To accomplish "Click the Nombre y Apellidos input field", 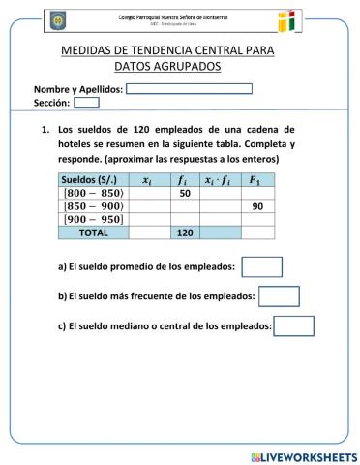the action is tap(189, 89).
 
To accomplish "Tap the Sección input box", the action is tap(86, 102).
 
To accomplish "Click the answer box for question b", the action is tap(280, 296).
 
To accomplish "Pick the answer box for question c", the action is tap(295, 326).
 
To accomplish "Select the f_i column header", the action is tap(185, 180).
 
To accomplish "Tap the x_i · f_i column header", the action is tap(221, 180).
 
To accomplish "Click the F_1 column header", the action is tap(256, 180).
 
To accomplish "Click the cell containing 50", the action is tap(185, 194).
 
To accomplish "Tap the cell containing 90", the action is tap(256, 206).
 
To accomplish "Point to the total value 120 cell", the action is tap(185, 232).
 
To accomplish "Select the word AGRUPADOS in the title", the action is tap(190, 66).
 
